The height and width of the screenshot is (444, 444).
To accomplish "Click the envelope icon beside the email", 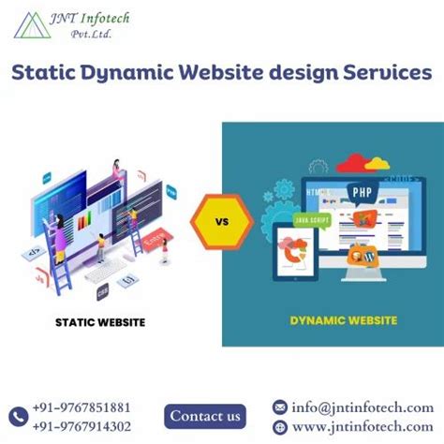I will (279, 407).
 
